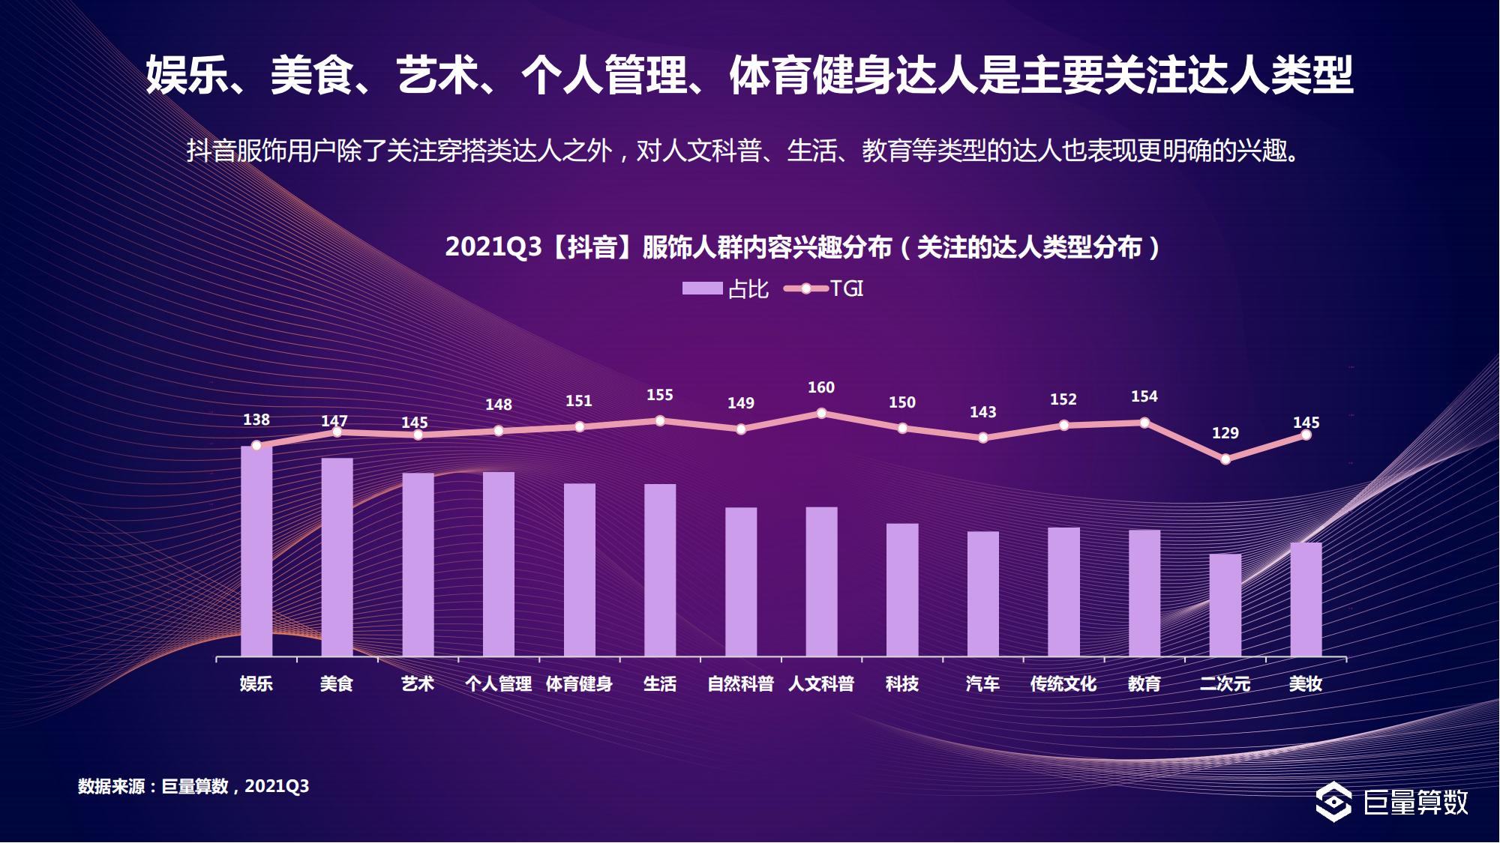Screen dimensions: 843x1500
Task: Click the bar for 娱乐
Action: tap(256, 552)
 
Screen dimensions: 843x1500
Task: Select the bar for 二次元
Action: tap(1225, 605)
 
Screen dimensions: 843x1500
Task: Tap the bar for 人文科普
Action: tap(821, 582)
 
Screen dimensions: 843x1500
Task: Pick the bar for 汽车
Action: tap(982, 594)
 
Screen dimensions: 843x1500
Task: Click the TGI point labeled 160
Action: tap(821, 413)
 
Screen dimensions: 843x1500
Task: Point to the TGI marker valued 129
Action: tap(1225, 459)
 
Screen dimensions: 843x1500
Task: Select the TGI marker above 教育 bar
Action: tap(1144, 423)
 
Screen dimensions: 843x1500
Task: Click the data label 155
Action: tap(660, 395)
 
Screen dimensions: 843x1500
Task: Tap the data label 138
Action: tap(256, 420)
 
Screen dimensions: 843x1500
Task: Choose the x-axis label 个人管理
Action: tap(498, 683)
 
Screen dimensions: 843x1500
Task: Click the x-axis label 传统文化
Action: tap(1063, 683)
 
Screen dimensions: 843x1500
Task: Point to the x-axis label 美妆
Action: tap(1305, 683)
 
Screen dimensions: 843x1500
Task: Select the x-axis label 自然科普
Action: tap(740, 683)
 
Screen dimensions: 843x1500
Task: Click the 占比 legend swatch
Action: tap(702, 288)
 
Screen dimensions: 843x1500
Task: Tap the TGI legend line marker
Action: tap(806, 288)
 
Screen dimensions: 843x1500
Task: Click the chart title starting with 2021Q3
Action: tap(802, 247)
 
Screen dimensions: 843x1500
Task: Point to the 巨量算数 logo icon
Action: tap(1333, 802)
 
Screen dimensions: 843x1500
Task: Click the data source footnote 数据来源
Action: tap(193, 786)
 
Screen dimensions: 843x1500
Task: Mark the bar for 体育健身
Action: tap(579, 570)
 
